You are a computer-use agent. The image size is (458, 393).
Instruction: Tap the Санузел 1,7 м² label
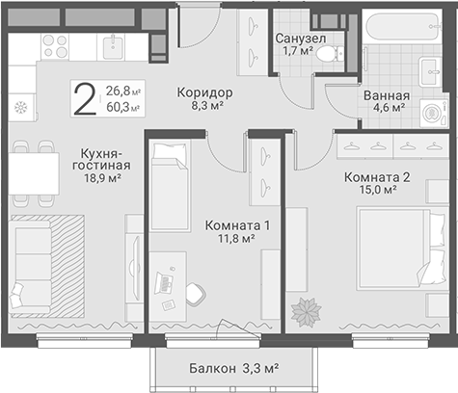pos(300,45)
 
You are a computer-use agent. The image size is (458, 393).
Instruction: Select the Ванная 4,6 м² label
pos(387,102)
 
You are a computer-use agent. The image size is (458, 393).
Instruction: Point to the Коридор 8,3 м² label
pos(205,99)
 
